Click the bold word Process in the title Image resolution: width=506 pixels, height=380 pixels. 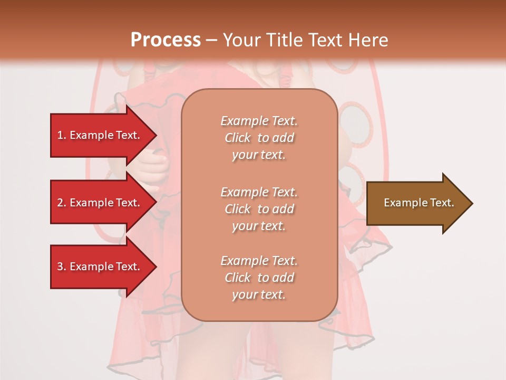pos(166,40)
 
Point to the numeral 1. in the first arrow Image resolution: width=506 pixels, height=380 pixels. pos(62,135)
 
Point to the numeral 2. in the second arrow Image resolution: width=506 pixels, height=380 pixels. pos(62,203)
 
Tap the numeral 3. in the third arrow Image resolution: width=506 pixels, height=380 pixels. pos(62,267)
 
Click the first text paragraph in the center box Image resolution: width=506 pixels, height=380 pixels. pos(259,138)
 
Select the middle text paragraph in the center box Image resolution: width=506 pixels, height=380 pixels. pos(259,209)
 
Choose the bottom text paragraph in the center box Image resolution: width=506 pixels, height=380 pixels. pos(259,278)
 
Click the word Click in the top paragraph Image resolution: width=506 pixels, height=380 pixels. pos(238,138)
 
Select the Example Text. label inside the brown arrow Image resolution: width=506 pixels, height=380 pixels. pos(419,203)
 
